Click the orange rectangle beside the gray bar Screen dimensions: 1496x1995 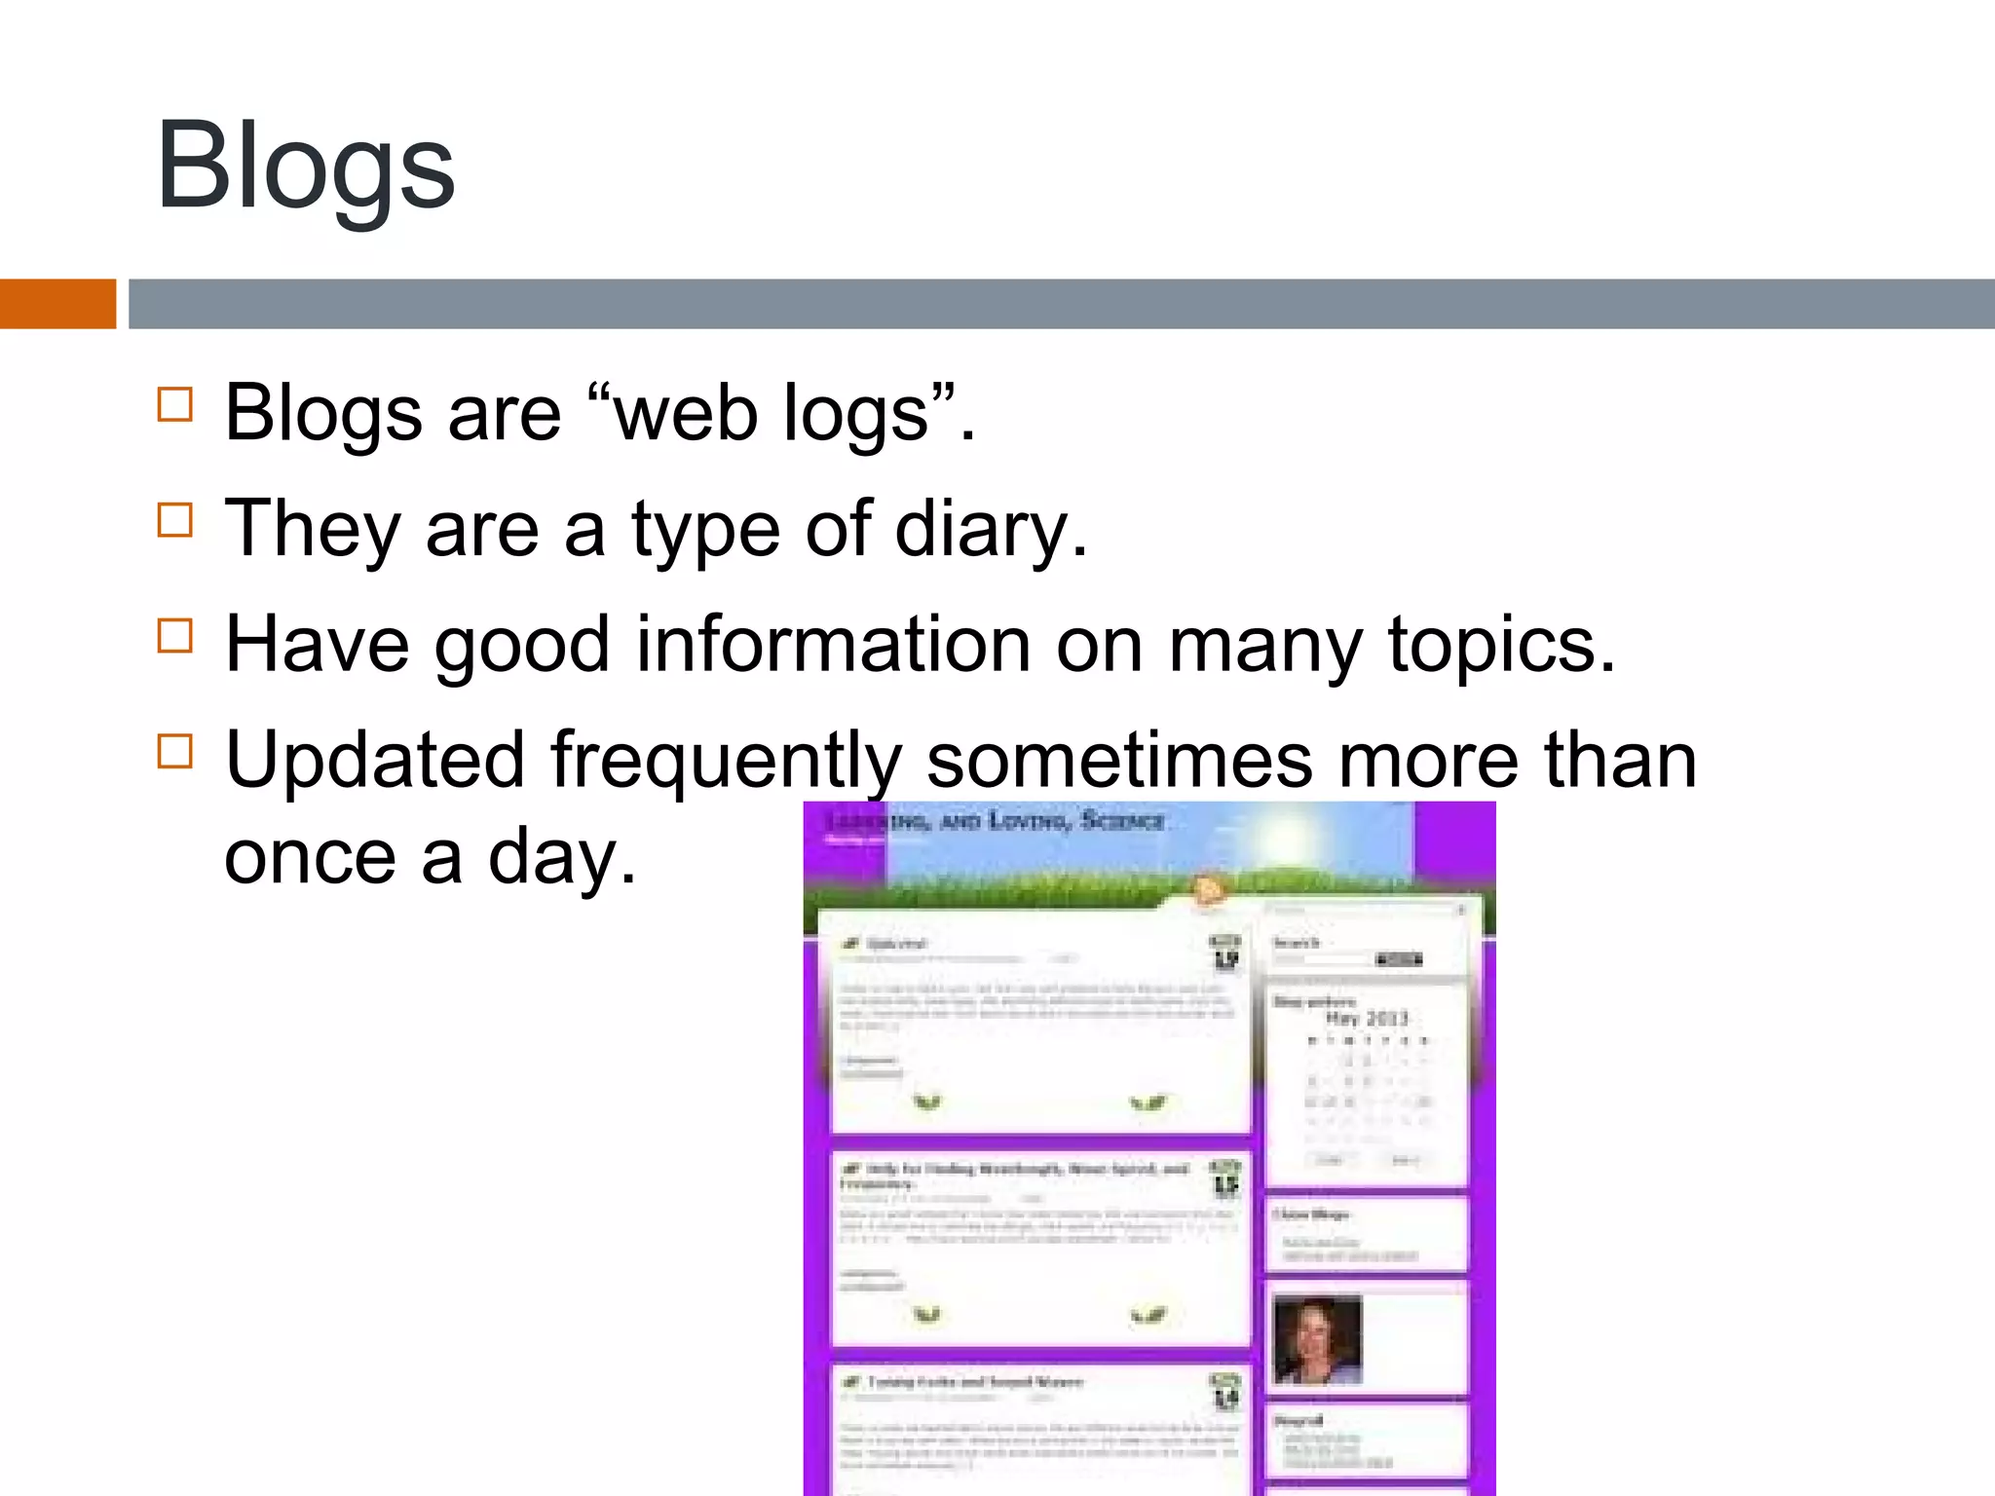[x=57, y=304]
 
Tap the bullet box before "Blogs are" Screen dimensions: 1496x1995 [x=175, y=404]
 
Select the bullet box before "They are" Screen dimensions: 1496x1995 [x=175, y=520]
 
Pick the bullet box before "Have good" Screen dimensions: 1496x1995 [x=175, y=636]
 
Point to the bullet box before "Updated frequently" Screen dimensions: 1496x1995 [x=175, y=751]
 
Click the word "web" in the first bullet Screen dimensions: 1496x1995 [x=686, y=413]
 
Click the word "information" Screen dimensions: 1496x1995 [x=833, y=645]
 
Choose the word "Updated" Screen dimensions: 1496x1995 [x=375, y=761]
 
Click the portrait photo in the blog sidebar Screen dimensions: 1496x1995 [x=1317, y=1340]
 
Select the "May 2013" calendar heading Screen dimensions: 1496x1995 [x=1367, y=1019]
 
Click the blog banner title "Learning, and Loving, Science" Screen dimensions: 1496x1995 [x=994, y=821]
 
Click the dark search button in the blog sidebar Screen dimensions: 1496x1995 [x=1398, y=959]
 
